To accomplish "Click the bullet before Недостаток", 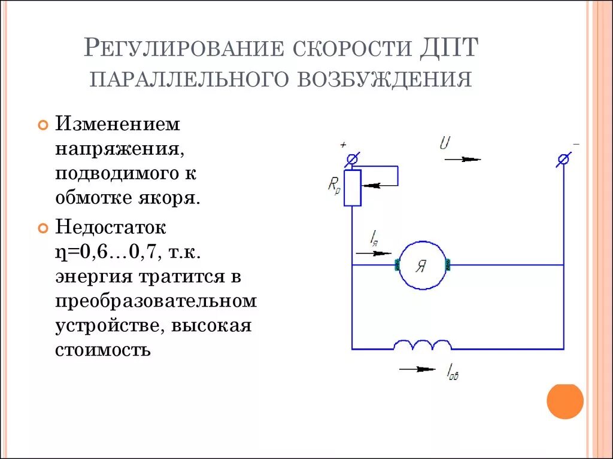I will tap(43, 228).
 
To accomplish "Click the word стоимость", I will tap(102, 349).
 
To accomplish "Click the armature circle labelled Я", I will tap(421, 265).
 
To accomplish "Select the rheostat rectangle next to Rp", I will tap(353, 188).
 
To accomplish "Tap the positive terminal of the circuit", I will tap(353, 159).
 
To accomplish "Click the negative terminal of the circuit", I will tap(563, 159).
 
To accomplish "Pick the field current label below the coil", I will tap(453, 373).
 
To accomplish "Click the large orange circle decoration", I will tap(565, 400).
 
